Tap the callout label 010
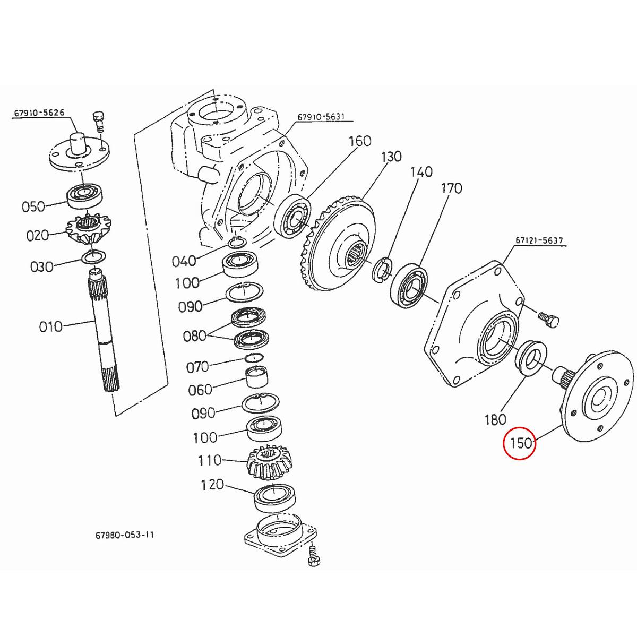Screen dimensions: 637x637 (x=50, y=326)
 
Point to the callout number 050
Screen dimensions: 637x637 (x=33, y=206)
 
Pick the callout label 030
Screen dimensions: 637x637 (x=42, y=266)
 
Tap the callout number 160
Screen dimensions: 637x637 (x=360, y=141)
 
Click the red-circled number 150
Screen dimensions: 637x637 (x=520, y=442)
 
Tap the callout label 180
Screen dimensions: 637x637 (x=495, y=420)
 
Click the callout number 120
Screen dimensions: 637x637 (x=212, y=485)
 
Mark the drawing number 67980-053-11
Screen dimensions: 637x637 (x=122, y=535)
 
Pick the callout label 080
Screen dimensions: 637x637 (x=194, y=336)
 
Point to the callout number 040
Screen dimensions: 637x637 (x=184, y=261)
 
